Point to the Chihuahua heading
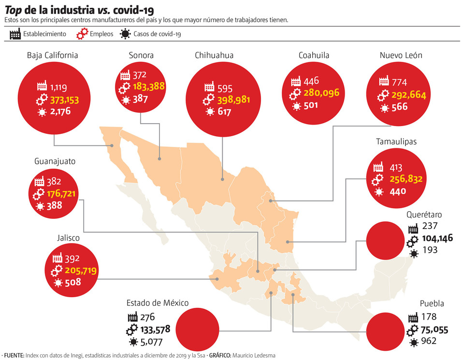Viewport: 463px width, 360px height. [214, 56]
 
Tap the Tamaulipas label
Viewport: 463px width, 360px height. [396, 142]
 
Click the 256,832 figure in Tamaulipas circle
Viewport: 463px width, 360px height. [406, 179]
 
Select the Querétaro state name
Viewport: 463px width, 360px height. [424, 215]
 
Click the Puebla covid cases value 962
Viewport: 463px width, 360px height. [429, 341]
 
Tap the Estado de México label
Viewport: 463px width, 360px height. [158, 303]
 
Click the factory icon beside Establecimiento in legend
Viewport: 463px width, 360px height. [15, 34]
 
